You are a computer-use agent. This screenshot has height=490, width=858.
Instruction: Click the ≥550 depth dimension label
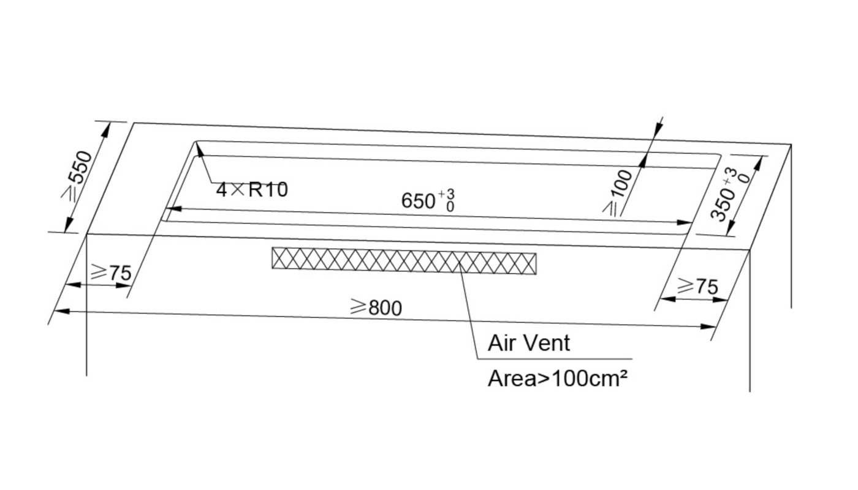pos(77,175)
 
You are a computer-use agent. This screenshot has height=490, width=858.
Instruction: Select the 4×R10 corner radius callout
pos(252,189)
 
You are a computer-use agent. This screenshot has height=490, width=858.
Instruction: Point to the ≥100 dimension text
pos(617,192)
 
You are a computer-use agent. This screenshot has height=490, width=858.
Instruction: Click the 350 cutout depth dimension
pos(729,195)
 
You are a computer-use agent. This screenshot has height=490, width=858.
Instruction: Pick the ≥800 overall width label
pos(376,307)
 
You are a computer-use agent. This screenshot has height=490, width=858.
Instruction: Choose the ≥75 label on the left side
pos(111,272)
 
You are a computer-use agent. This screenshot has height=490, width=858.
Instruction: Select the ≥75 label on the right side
pos(697,286)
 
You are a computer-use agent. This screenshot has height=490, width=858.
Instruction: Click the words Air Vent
pos(528,342)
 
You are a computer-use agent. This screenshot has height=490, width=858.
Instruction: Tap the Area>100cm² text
pos(558,379)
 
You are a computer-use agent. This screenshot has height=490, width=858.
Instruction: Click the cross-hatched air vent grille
pos(404,261)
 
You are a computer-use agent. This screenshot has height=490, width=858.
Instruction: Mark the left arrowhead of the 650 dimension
pos(173,209)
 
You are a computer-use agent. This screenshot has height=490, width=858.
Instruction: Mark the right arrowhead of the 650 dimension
pos(684,222)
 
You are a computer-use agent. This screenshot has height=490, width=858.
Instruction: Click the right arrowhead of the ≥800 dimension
pos(707,326)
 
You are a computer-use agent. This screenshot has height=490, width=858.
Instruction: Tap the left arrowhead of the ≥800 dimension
pos(62,311)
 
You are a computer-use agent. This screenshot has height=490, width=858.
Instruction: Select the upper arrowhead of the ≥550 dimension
pos(105,129)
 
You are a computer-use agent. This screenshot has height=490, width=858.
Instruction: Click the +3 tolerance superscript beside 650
pos(447,194)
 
